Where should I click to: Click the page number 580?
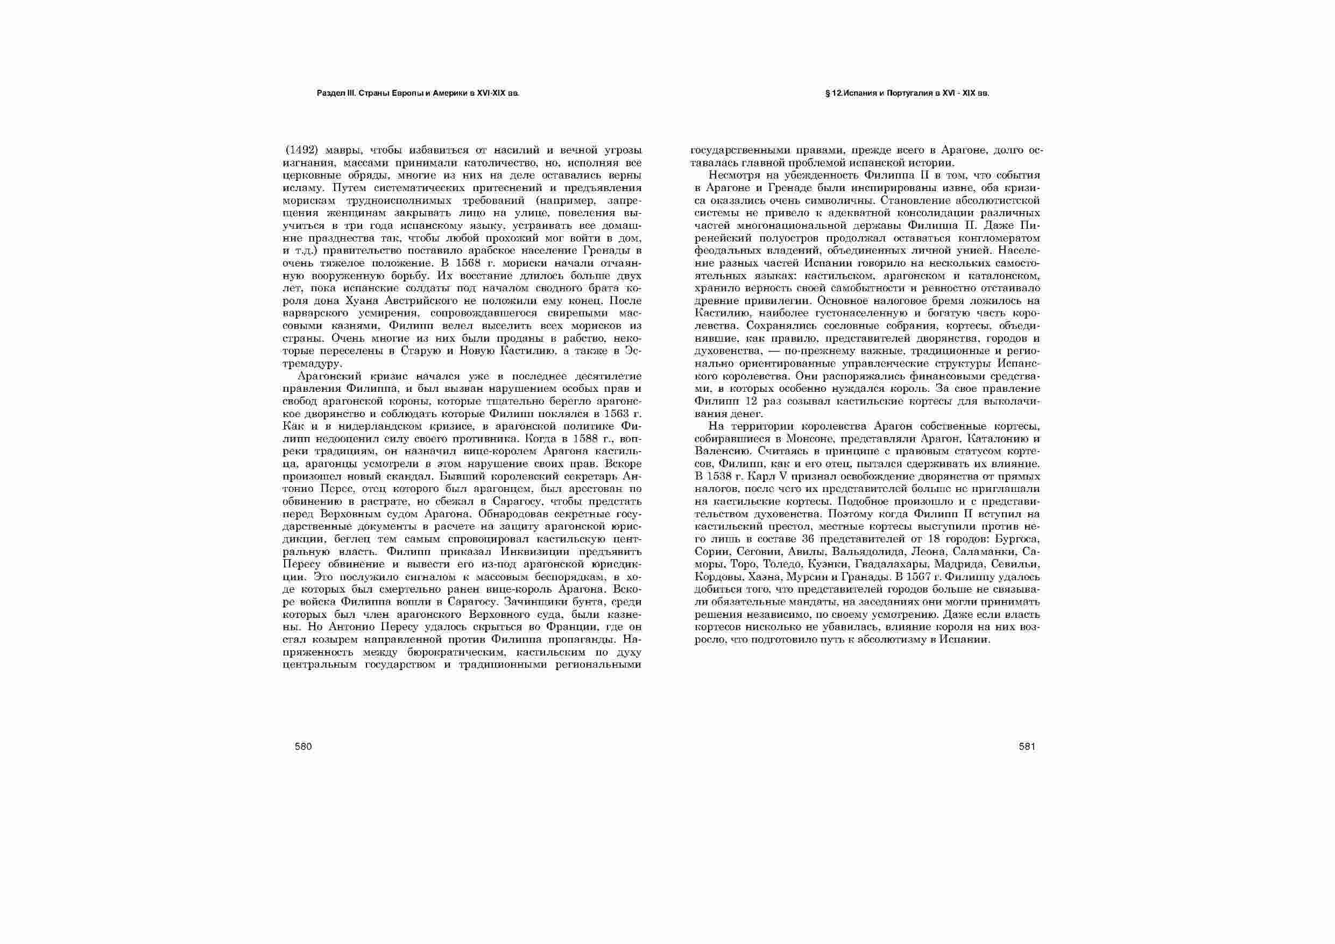[303, 747]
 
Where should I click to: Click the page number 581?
[1027, 747]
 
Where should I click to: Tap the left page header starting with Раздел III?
[418, 93]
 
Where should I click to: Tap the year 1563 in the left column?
[616, 413]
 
